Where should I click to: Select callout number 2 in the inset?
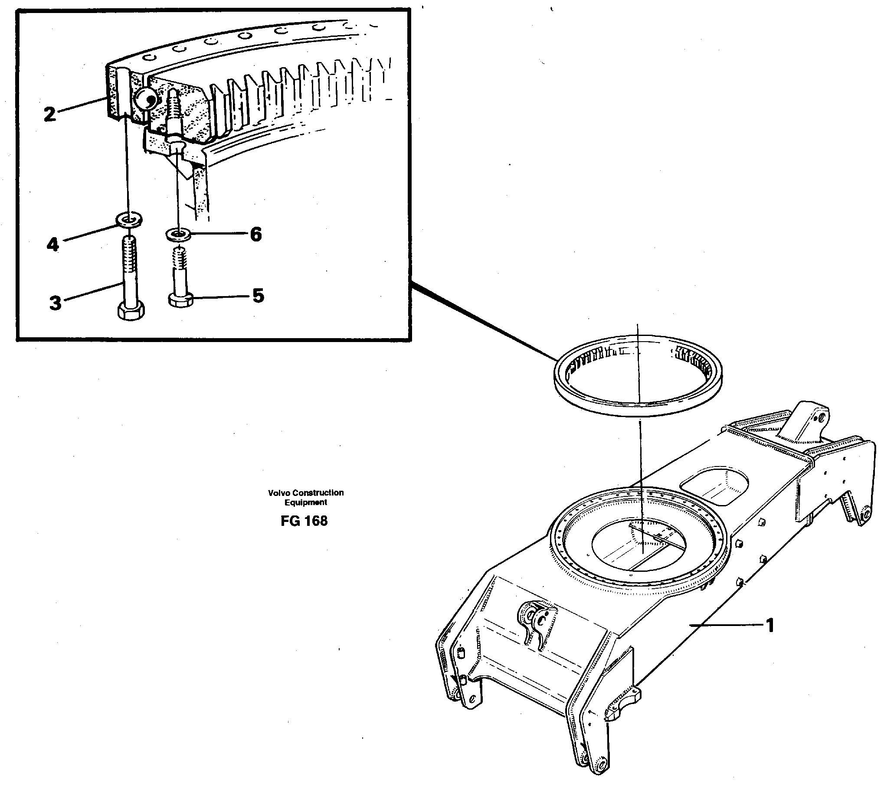[x=50, y=114]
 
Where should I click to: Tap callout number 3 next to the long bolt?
[x=55, y=303]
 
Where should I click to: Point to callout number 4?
[x=52, y=245]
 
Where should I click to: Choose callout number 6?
[x=255, y=235]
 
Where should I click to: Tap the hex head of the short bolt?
[x=180, y=300]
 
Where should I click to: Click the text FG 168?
[x=304, y=521]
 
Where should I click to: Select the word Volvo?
[x=279, y=492]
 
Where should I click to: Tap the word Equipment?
[x=306, y=502]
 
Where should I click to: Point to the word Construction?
[x=318, y=492]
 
